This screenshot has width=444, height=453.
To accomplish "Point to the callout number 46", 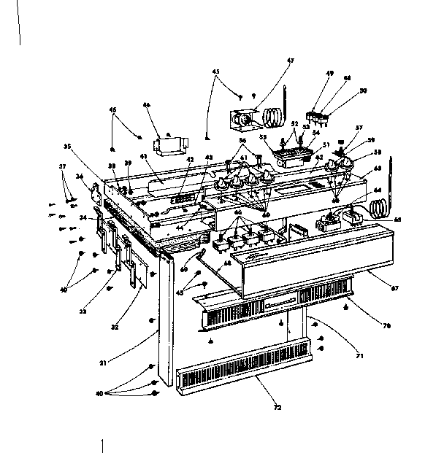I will (146, 105).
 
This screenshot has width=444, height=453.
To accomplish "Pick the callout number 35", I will (66, 147).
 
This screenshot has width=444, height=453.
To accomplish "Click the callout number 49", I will (329, 74).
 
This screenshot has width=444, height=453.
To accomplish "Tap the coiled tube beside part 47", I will (274, 115).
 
